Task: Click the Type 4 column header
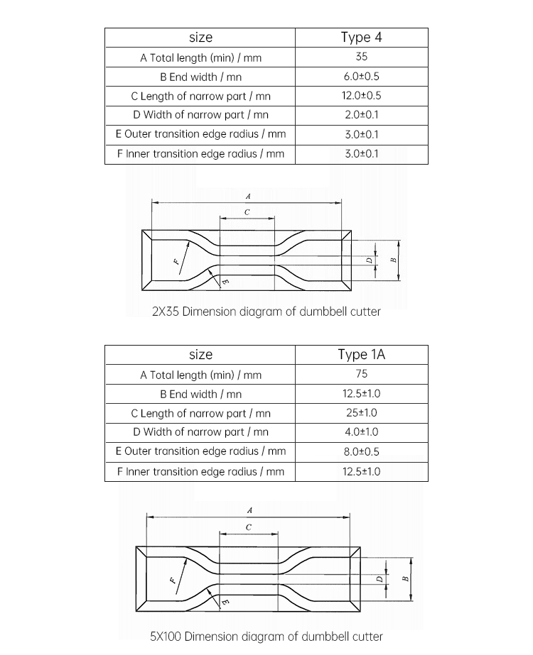click(x=361, y=38)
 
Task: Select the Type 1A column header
click(x=361, y=355)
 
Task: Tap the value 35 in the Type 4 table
click(x=361, y=57)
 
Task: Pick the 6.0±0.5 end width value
click(x=361, y=77)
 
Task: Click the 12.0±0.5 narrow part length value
click(x=361, y=96)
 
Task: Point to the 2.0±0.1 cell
click(x=361, y=115)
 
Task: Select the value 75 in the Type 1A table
click(x=361, y=374)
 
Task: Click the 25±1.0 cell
click(x=361, y=413)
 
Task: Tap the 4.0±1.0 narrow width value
click(x=361, y=432)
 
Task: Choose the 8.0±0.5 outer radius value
click(x=361, y=451)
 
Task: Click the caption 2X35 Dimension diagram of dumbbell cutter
click(x=266, y=311)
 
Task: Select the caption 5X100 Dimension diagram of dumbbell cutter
click(x=266, y=637)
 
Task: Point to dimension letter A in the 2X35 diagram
click(x=248, y=195)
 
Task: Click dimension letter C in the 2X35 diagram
click(x=247, y=212)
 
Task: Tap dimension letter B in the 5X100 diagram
click(x=405, y=578)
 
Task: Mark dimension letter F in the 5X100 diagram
click(x=173, y=579)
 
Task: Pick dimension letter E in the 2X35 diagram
click(x=225, y=282)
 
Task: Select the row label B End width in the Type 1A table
click(x=200, y=394)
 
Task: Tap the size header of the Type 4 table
click(x=200, y=38)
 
